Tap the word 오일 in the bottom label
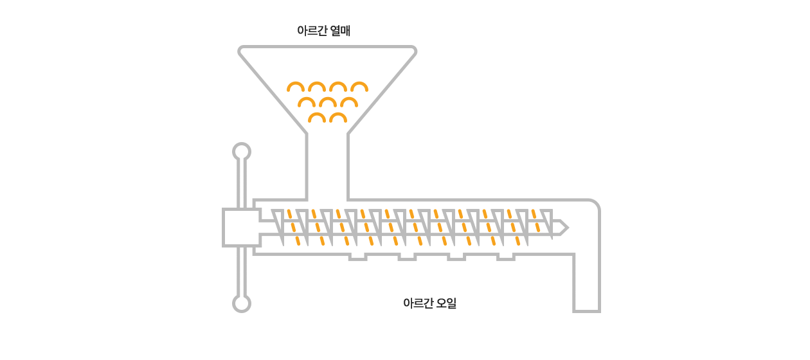click(x=446, y=303)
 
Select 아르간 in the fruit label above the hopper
click(x=312, y=30)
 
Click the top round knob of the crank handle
click(x=241, y=152)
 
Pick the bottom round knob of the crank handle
click(x=241, y=303)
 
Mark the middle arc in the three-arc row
click(x=327, y=102)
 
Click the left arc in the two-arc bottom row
click(x=316, y=118)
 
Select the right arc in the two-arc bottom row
click(x=338, y=118)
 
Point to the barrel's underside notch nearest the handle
click(x=357, y=256)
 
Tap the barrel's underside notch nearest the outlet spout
click(x=506, y=256)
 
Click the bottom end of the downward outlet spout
click(x=586, y=310)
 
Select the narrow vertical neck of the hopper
click(x=327, y=166)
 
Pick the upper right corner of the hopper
click(x=413, y=49)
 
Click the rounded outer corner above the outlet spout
click(x=595, y=204)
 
